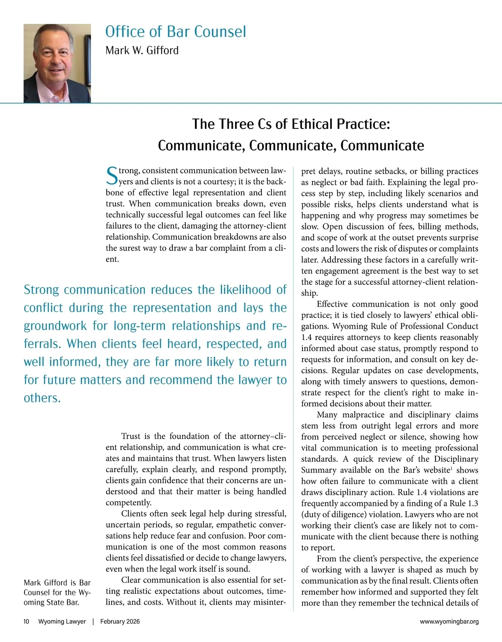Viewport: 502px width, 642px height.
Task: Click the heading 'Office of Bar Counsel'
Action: [x=176, y=32]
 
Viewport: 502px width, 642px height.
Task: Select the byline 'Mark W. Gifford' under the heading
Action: [x=142, y=51]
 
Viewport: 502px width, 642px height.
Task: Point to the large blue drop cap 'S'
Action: [x=112, y=176]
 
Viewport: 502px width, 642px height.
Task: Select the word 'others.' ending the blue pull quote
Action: [x=42, y=398]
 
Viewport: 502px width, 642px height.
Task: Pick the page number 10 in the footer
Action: [x=26, y=622]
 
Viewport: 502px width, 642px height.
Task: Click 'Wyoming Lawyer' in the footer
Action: [x=62, y=622]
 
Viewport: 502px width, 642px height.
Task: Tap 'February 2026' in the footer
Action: [x=120, y=622]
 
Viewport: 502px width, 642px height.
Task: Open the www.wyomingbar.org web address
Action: [x=449, y=622]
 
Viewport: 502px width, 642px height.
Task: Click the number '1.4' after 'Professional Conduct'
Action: [x=307, y=337]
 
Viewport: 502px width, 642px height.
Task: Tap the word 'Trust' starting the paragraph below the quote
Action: [x=131, y=436]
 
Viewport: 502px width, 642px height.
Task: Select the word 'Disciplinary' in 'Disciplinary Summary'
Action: [x=456, y=459]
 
